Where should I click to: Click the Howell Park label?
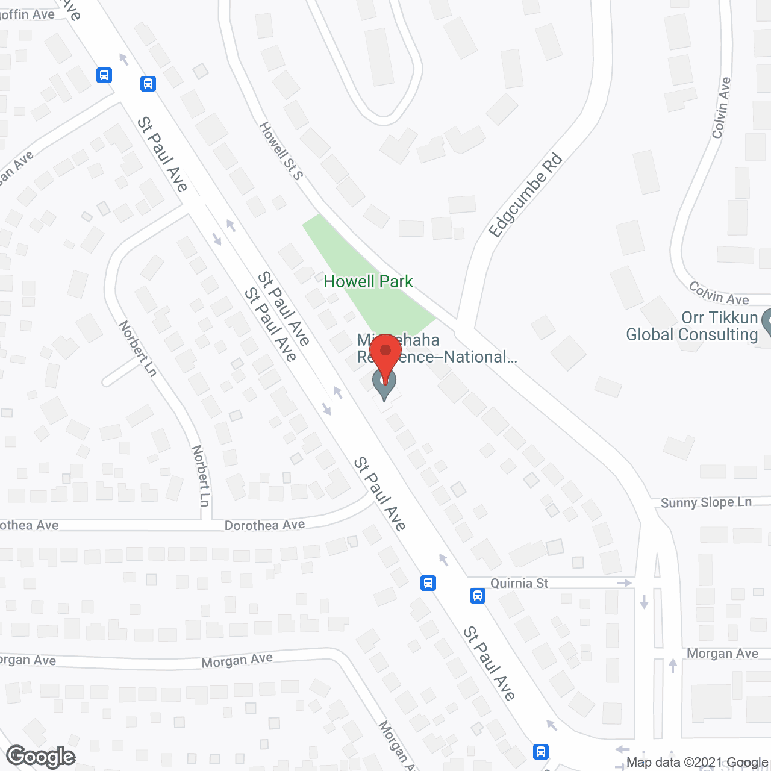pos(368,281)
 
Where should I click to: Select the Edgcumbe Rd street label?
pos(525,196)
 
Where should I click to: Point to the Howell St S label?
pos(281,151)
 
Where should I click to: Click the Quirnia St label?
pos(519,583)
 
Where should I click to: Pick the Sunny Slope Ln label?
pos(706,502)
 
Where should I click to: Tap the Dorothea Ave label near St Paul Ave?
pos(264,525)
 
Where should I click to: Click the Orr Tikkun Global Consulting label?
pos(692,326)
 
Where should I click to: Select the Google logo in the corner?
pos(41,756)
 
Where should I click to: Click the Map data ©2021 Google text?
pos(698,762)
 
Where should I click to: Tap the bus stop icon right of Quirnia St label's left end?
pos(478,596)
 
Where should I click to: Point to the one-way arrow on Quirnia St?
pos(625,583)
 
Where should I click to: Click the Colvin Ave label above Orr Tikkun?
pos(719,293)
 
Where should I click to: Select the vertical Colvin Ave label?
pos(721,108)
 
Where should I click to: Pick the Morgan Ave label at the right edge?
pos(722,654)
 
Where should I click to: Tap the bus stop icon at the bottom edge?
pos(541,751)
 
